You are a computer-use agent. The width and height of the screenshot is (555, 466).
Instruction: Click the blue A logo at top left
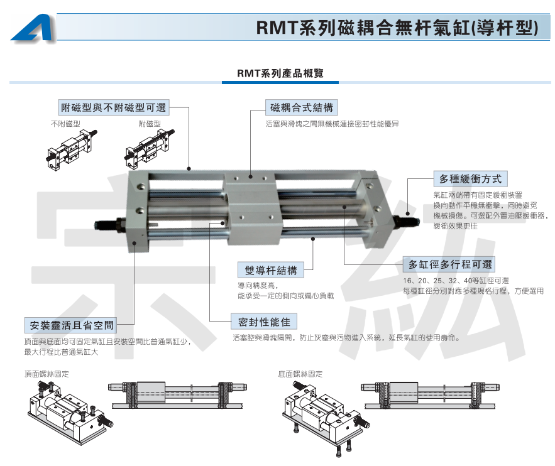(33, 28)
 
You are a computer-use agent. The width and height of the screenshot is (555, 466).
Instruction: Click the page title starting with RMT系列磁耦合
(397, 27)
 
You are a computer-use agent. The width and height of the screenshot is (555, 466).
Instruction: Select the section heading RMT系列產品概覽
(280, 73)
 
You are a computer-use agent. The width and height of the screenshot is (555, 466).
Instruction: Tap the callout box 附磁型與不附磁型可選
(114, 107)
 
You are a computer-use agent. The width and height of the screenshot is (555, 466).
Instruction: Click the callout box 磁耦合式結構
(302, 107)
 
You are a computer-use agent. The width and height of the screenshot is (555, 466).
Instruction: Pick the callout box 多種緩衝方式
(470, 179)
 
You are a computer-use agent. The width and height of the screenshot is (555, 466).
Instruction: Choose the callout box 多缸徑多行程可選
(449, 264)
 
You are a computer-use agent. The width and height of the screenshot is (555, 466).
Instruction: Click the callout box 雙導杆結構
(271, 270)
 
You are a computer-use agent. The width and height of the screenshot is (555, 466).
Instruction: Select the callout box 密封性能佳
(264, 322)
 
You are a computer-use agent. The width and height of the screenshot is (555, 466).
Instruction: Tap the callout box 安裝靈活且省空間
(71, 325)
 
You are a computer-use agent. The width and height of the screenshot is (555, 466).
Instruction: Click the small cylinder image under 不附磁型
(72, 150)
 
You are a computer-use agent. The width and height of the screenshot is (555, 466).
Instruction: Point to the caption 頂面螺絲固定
(47, 374)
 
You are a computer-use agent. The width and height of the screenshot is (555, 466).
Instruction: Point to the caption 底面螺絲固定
(300, 374)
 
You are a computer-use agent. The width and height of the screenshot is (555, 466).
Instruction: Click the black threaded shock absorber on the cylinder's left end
(110, 225)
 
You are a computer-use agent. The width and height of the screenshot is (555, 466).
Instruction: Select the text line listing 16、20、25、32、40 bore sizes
(456, 281)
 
